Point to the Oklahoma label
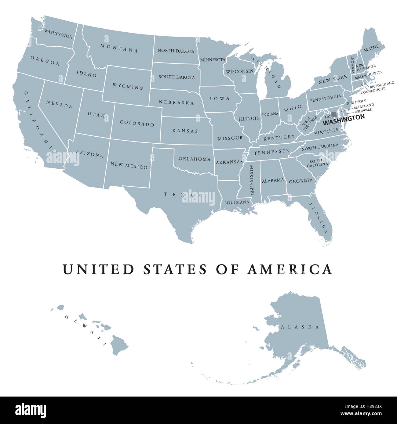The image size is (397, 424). [x=195, y=159]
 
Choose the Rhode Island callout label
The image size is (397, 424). [x=382, y=83]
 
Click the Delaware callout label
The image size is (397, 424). [x=363, y=110]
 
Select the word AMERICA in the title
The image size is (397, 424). [x=290, y=269]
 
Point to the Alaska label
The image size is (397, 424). [x=300, y=327]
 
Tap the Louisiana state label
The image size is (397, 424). [x=237, y=202]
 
